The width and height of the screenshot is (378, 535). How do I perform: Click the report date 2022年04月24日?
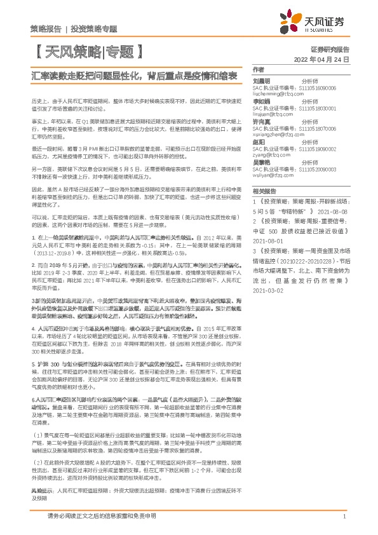coord(323,60)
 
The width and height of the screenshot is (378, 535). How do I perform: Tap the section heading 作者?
coord(258,69)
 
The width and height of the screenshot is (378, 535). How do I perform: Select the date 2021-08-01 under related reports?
coord(268,242)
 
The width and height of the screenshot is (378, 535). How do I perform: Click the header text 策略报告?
coord(46,29)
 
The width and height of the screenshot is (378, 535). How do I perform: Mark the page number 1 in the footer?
coord(344,518)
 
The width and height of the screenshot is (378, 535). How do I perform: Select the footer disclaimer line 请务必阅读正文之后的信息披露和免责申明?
coord(102,517)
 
